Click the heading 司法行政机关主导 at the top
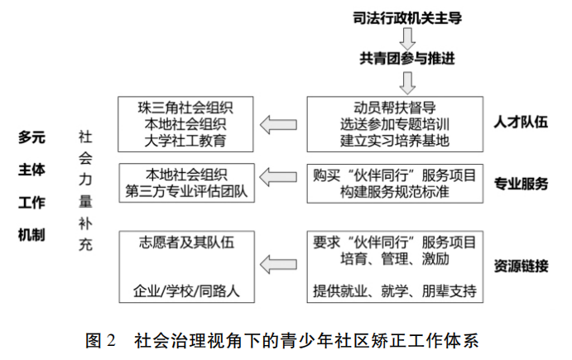click(407, 18)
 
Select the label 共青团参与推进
click(407, 59)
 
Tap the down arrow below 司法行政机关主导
click(407, 39)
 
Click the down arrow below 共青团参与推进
click(407, 83)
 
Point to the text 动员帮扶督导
click(395, 108)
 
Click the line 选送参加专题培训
click(395, 124)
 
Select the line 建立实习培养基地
click(395, 141)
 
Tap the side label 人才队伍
click(521, 122)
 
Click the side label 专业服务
click(521, 184)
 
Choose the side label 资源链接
click(521, 266)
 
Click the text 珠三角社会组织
click(185, 108)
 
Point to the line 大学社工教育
click(185, 141)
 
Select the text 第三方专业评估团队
click(186, 191)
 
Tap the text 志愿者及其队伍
click(186, 242)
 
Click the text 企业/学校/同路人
click(186, 290)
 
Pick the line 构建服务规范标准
click(395, 191)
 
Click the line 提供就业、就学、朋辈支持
click(395, 290)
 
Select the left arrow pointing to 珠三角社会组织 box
click(278, 125)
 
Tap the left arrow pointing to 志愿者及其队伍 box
click(278, 265)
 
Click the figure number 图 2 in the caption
click(101, 340)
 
